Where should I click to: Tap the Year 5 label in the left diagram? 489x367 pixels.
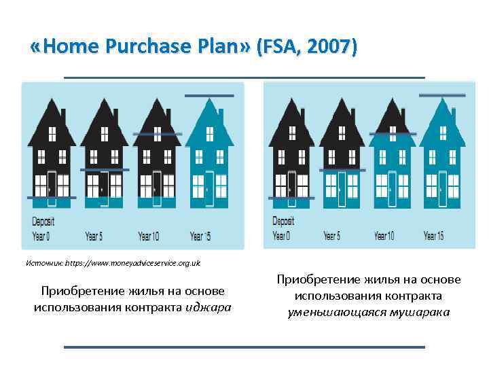[94, 237]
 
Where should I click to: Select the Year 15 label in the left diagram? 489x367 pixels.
[200, 237]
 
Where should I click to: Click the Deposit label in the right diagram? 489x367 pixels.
[283, 221]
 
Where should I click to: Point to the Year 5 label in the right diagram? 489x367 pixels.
[332, 236]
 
